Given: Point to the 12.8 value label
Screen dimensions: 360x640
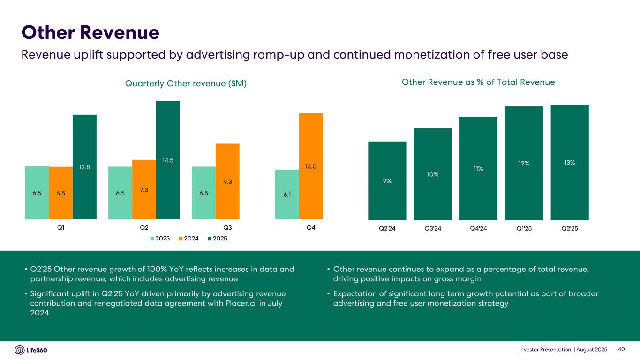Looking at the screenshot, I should (84, 167).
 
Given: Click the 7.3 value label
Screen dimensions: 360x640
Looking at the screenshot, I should (144, 188).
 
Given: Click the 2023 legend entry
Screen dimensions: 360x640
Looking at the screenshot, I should (159, 239).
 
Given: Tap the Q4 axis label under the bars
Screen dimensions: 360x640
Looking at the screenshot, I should (310, 228).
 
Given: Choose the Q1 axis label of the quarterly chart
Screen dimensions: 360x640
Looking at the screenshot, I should (60, 228).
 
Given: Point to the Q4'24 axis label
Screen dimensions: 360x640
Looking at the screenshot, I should (478, 228).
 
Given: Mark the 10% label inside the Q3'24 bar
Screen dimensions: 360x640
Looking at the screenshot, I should (433, 174).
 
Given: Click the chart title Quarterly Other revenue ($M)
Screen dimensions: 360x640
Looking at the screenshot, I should (186, 83).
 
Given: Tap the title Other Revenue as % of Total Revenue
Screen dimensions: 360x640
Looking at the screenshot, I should (478, 82).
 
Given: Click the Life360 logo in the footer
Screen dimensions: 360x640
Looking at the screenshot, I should (31, 350).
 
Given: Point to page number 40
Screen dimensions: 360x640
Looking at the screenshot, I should (622, 350).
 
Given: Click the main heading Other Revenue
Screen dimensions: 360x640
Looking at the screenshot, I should (90, 32).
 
